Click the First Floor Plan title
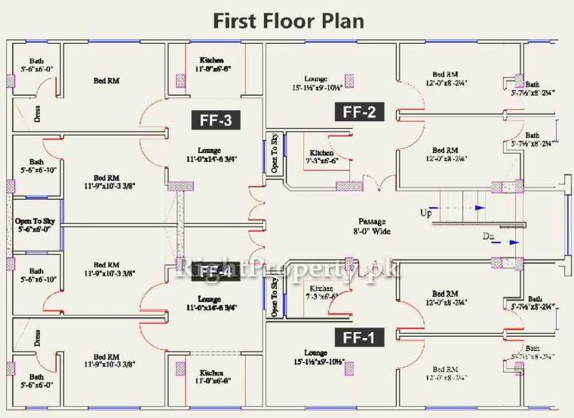(288, 20)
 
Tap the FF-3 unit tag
(215, 119)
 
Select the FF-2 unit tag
(359, 112)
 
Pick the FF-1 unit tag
(359, 337)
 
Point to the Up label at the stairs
(426, 213)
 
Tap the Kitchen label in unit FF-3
(211, 64)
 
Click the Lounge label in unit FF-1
(315, 357)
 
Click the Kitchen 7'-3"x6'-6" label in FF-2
(321, 157)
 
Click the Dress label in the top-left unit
(37, 113)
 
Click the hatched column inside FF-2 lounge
(349, 80)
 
